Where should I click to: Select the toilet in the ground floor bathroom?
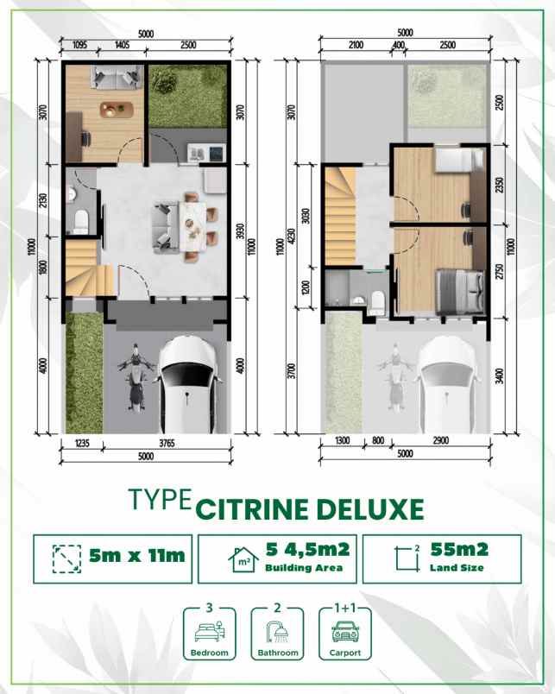click(79, 221)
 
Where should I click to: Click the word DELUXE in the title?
click(375, 508)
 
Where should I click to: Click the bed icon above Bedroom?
click(210, 629)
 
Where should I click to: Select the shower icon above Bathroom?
click(277, 629)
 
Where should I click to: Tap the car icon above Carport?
click(344, 630)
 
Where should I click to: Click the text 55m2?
click(459, 550)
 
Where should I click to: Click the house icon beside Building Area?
click(243, 558)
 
